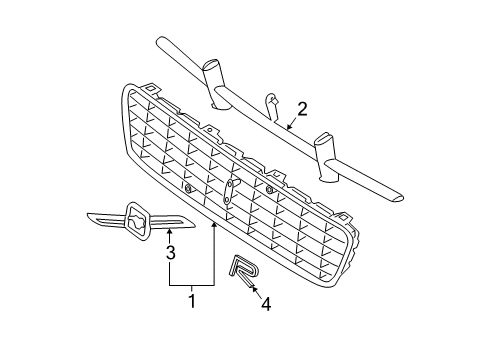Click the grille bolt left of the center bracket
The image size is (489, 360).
[x=187, y=186]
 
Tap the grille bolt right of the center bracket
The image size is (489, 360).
[x=270, y=188]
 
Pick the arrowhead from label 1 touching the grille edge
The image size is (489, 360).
[x=214, y=230]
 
